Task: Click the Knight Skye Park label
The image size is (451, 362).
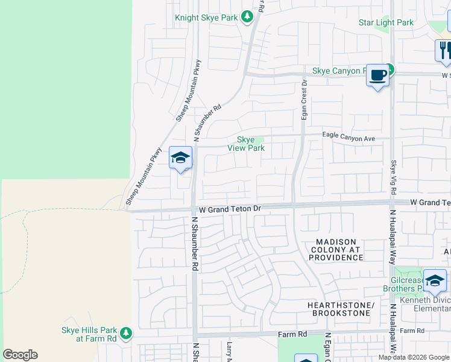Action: coord(206,17)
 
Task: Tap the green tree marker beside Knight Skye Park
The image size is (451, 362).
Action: coord(247,17)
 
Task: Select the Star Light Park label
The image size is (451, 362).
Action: coord(386,23)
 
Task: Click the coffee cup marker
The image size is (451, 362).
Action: coord(378,75)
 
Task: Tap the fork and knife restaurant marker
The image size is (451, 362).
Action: coord(444,51)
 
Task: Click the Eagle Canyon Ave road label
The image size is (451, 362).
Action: coord(348,138)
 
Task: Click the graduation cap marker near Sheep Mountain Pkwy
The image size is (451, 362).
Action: coord(180,158)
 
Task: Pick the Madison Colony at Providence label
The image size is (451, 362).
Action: coord(336,250)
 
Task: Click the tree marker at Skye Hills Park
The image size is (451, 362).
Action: coord(126,333)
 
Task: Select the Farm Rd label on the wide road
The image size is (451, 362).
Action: coord(292,334)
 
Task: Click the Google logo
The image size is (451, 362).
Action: coord(20,355)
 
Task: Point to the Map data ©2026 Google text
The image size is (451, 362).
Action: coord(414,357)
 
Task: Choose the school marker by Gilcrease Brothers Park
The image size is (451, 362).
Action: coord(434,281)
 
